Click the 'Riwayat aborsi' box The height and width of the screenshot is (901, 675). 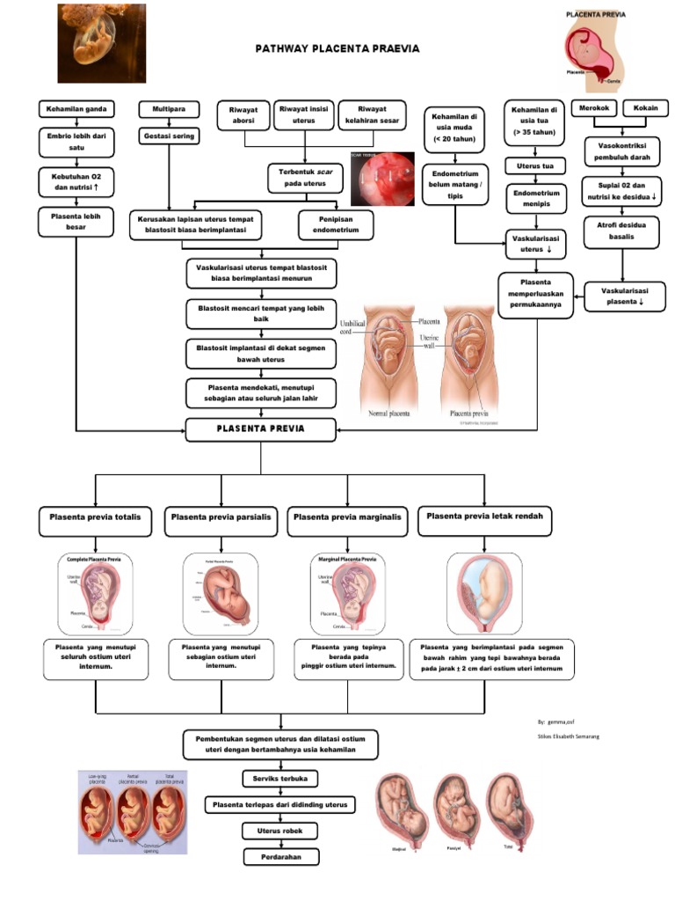[x=243, y=115]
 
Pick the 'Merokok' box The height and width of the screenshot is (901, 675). [x=592, y=108]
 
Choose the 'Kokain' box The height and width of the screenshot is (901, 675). [x=644, y=108]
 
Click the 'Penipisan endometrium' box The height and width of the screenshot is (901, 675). [x=336, y=224]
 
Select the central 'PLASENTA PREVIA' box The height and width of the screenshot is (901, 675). [x=260, y=429]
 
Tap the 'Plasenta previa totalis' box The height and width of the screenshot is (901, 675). [x=95, y=519]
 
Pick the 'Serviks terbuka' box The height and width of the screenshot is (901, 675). [x=279, y=779]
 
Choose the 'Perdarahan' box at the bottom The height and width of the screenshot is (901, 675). [x=279, y=856]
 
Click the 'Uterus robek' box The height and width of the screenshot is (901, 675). [x=279, y=831]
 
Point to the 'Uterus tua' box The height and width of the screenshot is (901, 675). [x=534, y=165]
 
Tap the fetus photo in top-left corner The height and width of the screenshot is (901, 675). [x=89, y=43]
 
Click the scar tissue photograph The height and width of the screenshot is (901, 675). [x=382, y=179]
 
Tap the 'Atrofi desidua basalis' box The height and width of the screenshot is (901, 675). [x=622, y=231]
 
